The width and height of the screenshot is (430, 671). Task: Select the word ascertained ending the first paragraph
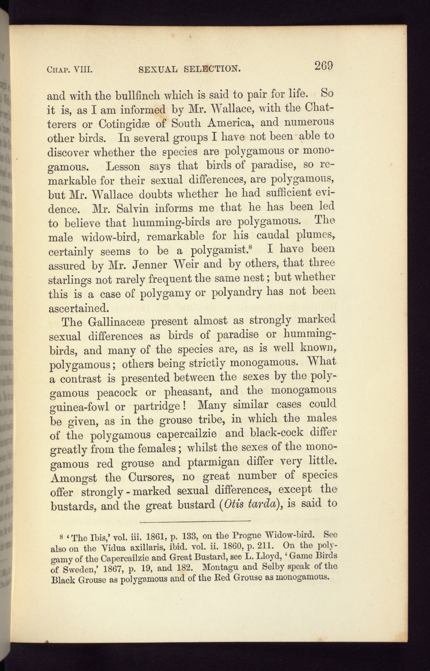point(79,309)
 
